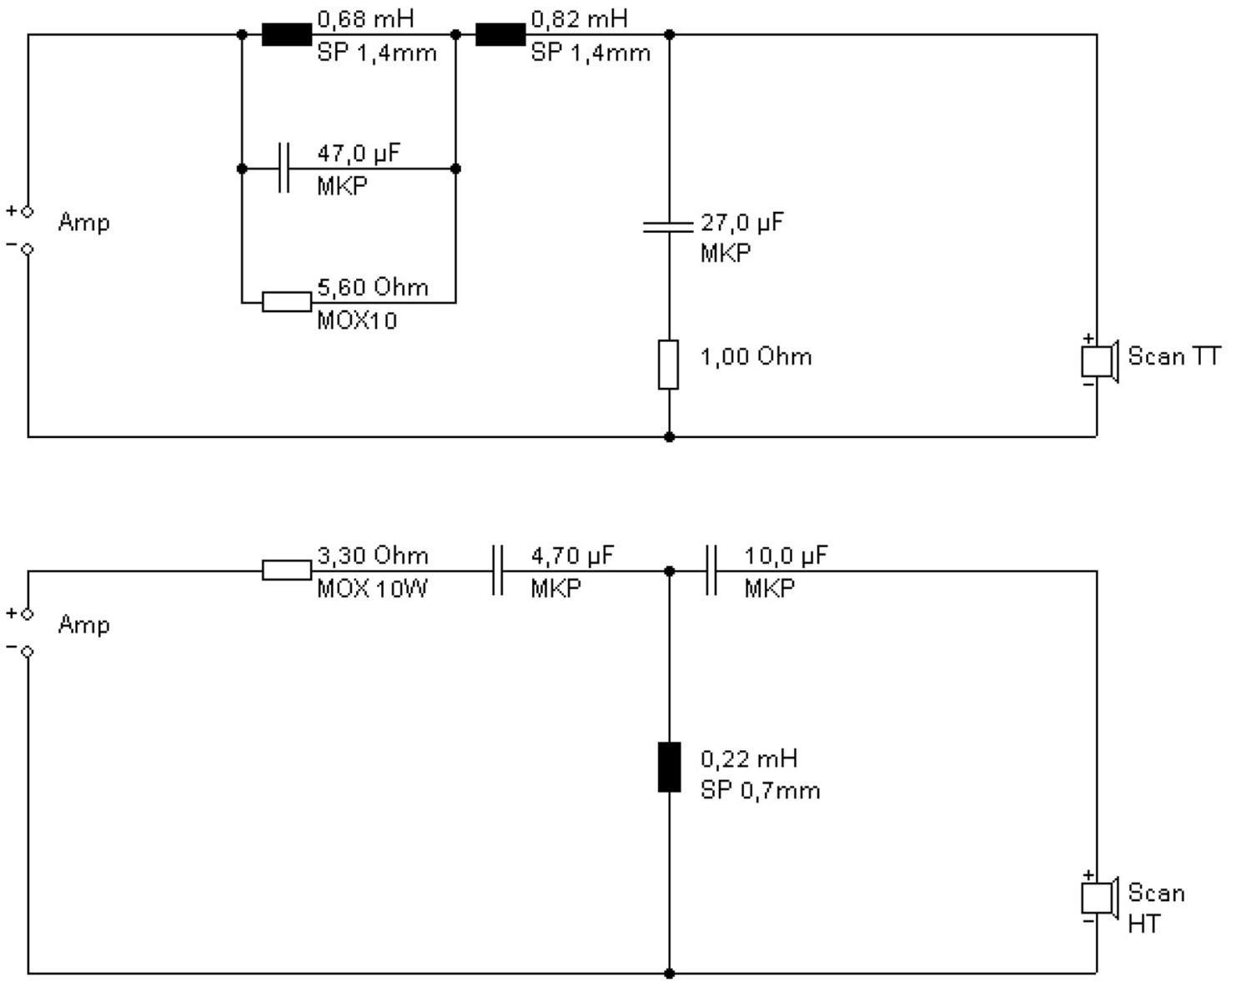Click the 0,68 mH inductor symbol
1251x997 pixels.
287,34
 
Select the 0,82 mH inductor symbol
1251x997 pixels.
500,34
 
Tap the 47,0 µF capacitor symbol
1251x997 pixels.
284,168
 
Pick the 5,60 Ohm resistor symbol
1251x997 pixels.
287,302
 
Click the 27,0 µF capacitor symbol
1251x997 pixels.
669,227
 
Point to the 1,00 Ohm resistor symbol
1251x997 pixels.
669,365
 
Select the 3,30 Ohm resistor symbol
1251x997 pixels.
287,570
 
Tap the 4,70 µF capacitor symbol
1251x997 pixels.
497,570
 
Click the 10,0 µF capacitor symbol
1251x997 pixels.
711,570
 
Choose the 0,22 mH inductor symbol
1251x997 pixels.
669,768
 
